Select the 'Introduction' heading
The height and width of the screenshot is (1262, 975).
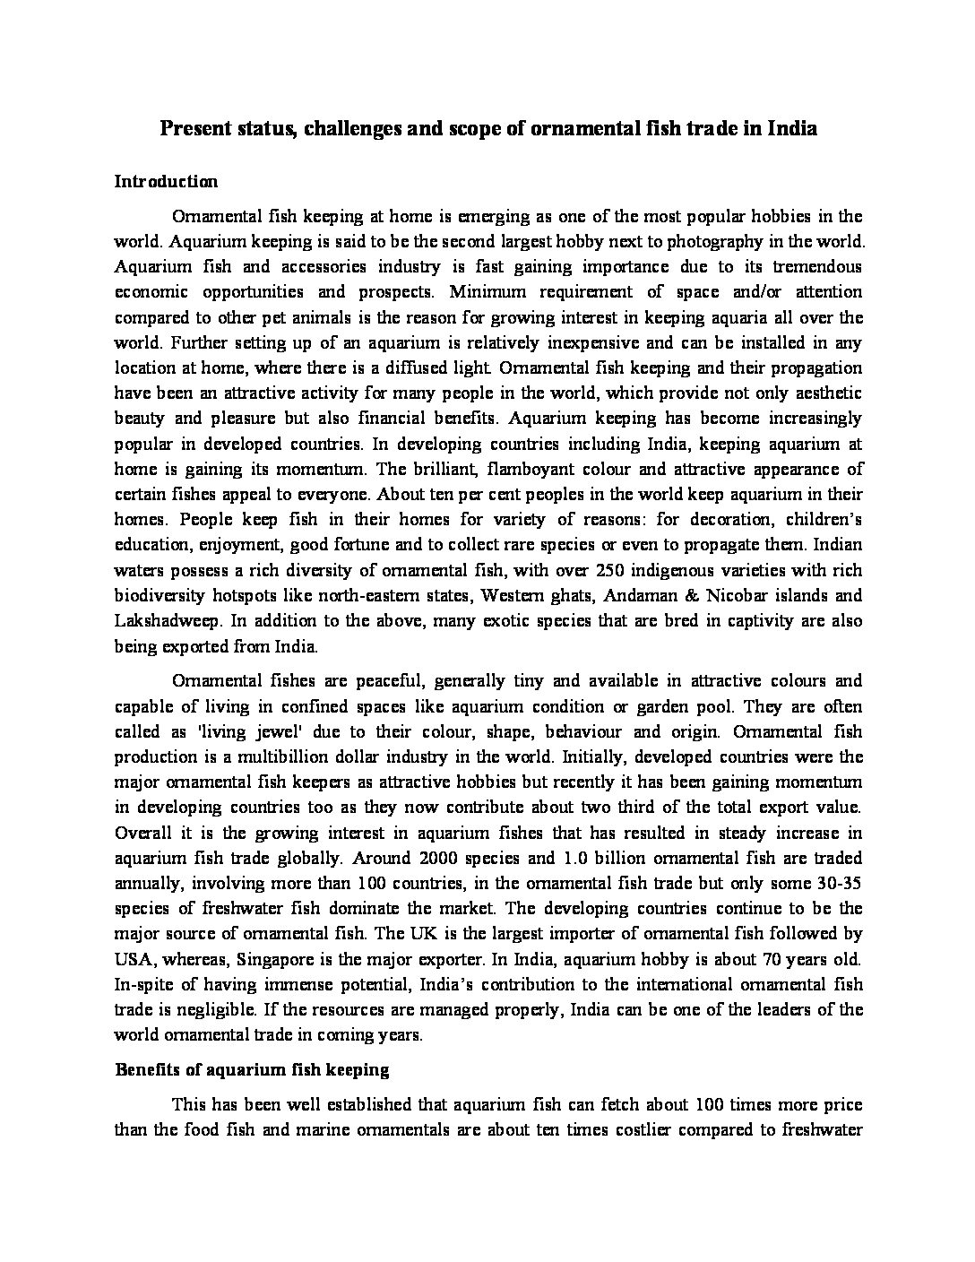(x=166, y=181)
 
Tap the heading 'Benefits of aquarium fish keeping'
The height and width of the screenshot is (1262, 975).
(x=252, y=1068)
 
